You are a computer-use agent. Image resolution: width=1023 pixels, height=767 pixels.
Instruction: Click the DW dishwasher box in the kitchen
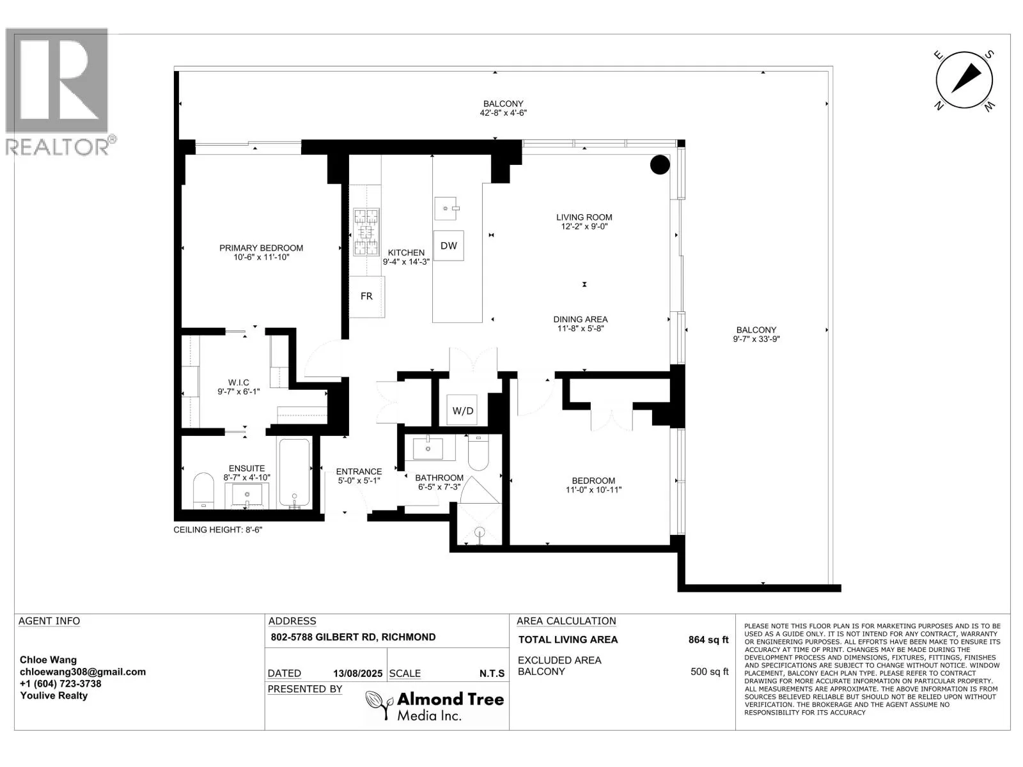(x=448, y=245)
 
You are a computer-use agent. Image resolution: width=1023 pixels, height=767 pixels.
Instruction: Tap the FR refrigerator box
(x=367, y=296)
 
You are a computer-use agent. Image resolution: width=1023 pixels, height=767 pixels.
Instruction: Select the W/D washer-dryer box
(x=462, y=410)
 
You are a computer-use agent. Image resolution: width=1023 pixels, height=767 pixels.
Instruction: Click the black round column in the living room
(x=660, y=164)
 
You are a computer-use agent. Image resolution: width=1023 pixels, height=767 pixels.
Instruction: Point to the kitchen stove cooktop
(x=366, y=231)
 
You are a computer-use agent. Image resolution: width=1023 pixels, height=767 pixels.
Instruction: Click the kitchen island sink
(x=447, y=208)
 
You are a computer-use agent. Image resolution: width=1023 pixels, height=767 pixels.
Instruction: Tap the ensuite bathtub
(x=295, y=473)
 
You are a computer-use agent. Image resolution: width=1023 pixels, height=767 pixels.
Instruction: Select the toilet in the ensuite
(x=203, y=491)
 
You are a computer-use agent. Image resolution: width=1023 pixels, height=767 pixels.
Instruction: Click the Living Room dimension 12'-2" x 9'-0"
(x=584, y=226)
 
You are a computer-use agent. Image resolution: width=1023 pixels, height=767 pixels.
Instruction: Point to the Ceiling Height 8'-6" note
(x=217, y=530)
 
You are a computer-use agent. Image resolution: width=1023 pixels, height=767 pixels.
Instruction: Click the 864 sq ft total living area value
(x=708, y=640)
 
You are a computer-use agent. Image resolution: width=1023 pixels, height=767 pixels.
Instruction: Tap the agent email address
(x=82, y=672)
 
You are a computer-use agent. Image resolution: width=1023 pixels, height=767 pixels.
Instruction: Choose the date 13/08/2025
(x=357, y=674)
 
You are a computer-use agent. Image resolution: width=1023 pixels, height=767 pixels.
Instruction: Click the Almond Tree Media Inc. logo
(x=434, y=706)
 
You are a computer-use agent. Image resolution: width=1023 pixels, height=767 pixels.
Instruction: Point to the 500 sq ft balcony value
(x=709, y=672)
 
